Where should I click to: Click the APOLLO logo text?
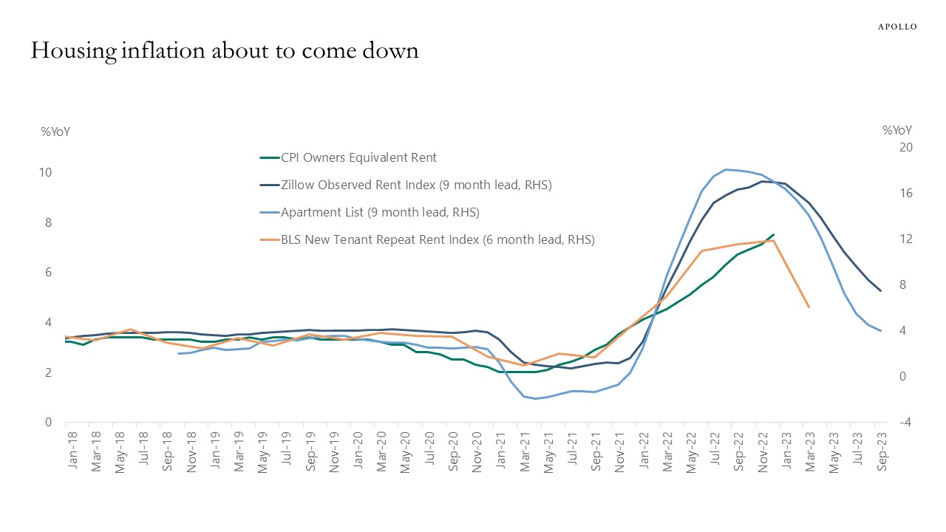point(896,27)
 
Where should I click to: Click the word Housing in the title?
point(70,51)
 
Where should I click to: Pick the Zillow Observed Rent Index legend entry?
point(416,185)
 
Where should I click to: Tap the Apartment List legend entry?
point(380,212)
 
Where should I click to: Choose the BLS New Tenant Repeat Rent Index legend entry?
point(438,239)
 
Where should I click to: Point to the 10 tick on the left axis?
point(45,173)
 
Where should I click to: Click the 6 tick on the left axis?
point(48,273)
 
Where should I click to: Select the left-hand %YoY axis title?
point(55,132)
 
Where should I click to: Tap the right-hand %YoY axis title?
point(897,130)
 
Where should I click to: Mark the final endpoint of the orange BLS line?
point(809,307)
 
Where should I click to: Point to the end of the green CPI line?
point(773,234)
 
